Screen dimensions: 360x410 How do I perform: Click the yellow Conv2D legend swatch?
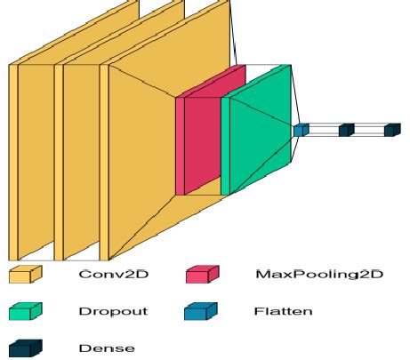pyautogui.click(x=26, y=275)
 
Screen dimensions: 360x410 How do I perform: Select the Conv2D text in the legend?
pyautogui.click(x=113, y=275)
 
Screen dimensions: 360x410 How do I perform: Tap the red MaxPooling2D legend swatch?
pyautogui.click(x=202, y=275)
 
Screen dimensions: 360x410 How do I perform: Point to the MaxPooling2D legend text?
pyautogui.click(x=318, y=275)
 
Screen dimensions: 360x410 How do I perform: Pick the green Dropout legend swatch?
pyautogui.click(x=26, y=311)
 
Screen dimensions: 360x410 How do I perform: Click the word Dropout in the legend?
pyautogui.click(x=113, y=311)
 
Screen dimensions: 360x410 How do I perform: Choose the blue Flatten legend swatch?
pyautogui.click(x=202, y=311)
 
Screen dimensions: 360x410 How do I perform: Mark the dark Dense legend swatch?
pyautogui.click(x=26, y=348)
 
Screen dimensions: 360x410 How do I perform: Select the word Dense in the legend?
pyautogui.click(x=108, y=348)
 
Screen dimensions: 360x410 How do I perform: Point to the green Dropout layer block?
pyautogui.click(x=258, y=133)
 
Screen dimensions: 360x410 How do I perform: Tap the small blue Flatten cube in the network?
pyautogui.click(x=301, y=130)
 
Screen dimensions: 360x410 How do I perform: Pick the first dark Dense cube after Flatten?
pyautogui.click(x=346, y=130)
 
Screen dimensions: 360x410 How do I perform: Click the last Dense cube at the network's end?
pyautogui.click(x=392, y=130)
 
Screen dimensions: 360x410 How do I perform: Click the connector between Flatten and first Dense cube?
pyautogui.click(x=324, y=130)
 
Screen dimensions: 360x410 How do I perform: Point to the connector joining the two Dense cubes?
pyautogui.click(x=369, y=130)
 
